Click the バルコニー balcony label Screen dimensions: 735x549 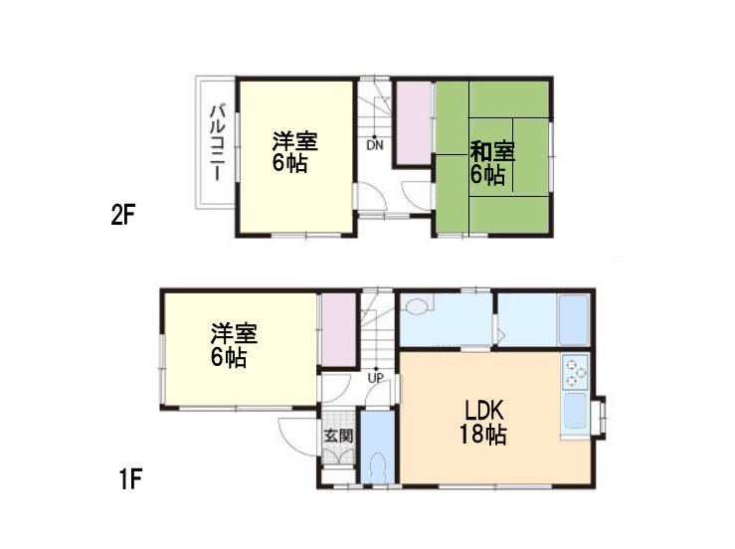click(x=218, y=143)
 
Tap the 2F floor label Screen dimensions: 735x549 click(x=122, y=216)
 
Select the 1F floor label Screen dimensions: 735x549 click(x=130, y=479)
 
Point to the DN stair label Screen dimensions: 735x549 click(x=375, y=145)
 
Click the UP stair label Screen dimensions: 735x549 click(x=376, y=377)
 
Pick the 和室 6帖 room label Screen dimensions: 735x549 click(x=491, y=163)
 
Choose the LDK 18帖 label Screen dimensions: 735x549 click(x=483, y=422)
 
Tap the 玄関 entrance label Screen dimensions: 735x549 click(x=338, y=436)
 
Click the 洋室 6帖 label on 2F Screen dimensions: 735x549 click(x=294, y=152)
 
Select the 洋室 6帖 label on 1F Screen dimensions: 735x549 click(x=233, y=345)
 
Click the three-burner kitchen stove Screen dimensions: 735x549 click(x=575, y=372)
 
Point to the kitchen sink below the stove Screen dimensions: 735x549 click(x=575, y=411)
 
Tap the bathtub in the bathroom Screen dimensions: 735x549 click(x=574, y=319)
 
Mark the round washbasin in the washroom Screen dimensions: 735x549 click(x=417, y=306)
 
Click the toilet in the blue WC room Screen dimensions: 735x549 click(x=377, y=468)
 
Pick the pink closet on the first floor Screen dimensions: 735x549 click(x=338, y=329)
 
